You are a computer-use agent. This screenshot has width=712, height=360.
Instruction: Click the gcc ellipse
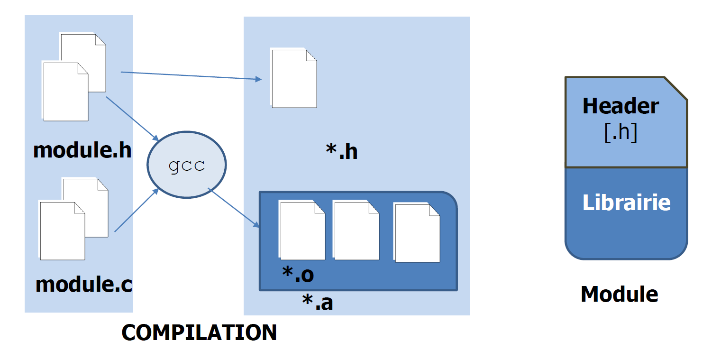coord(187,165)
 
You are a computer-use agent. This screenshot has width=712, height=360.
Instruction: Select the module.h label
coord(82,150)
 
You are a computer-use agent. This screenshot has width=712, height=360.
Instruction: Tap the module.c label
coord(84,284)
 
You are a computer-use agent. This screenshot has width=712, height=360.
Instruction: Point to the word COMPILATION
coord(199,332)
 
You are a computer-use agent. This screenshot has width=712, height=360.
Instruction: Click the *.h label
coord(341,152)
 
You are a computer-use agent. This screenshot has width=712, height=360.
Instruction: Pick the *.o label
coord(298,275)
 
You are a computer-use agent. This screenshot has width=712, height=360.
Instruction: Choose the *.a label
coord(318,303)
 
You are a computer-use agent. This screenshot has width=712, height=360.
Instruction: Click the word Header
coord(620,106)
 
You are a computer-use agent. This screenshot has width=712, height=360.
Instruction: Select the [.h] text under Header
coord(621,133)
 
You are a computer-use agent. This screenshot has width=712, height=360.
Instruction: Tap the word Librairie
coord(626,203)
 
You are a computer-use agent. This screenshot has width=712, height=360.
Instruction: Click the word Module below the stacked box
coord(619,294)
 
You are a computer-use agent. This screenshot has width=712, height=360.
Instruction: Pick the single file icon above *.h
coord(293,78)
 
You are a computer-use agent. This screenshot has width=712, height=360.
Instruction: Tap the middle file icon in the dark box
coord(356,231)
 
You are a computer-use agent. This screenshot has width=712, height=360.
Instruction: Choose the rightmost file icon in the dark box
coord(417,233)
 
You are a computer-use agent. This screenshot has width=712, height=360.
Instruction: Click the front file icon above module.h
coord(65,91)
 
